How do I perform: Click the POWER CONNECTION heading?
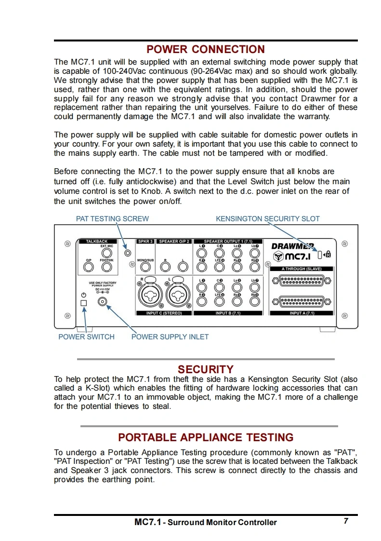coord(206,49)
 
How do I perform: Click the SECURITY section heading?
coord(206,369)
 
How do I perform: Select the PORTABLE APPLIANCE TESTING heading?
coord(206,437)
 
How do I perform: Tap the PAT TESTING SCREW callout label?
coord(112,218)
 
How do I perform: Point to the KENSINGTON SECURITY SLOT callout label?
coord(267,218)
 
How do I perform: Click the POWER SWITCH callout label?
coord(86,337)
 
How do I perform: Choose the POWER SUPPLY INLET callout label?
coord(170,337)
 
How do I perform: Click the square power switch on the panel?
coord(84,303)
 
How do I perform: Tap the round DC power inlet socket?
coord(102,302)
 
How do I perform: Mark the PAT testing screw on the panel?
coord(128,252)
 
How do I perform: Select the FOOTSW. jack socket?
coord(106,267)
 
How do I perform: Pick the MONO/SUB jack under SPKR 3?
coord(145,267)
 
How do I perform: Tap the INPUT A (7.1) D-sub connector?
coord(302,301)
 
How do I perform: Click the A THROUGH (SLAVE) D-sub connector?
coord(302,280)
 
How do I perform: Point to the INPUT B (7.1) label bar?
coord(230,313)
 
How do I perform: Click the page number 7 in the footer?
coord(346,521)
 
